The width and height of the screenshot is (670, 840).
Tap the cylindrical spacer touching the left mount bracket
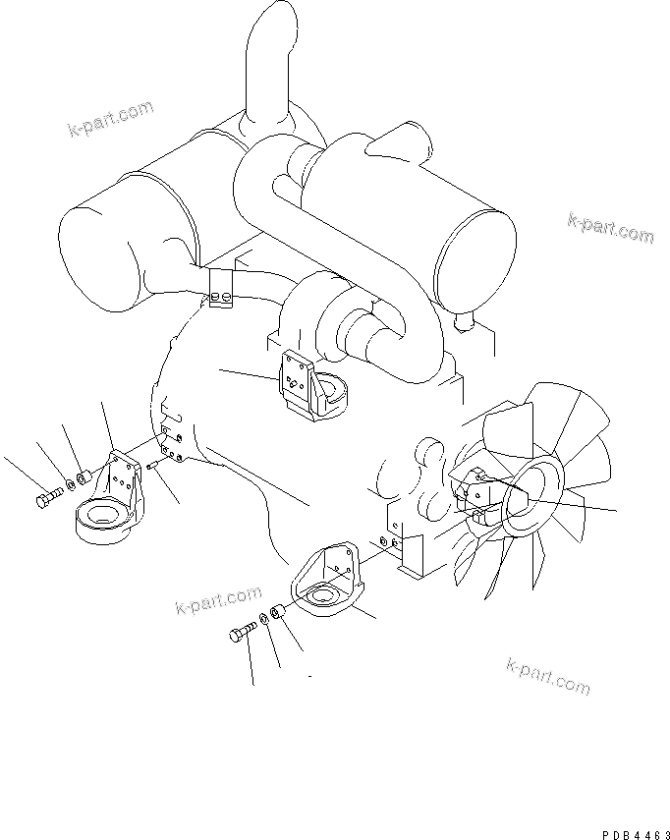coord(84,477)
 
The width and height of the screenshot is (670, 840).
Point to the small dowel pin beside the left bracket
coord(150,467)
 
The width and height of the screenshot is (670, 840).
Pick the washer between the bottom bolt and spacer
coord(264,618)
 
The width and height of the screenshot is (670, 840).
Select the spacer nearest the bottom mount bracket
coord(277,611)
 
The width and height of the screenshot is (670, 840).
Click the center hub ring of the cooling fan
coord(531,498)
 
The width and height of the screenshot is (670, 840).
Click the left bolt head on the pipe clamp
coord(215,296)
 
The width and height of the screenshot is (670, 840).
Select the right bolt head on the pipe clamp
coord(227,295)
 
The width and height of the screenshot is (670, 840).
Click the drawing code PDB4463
coord(636,835)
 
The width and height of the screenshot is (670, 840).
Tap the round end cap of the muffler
coord(475,261)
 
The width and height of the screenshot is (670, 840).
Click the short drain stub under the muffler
coord(464,321)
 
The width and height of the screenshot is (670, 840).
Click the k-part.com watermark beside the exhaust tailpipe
coord(111,119)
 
